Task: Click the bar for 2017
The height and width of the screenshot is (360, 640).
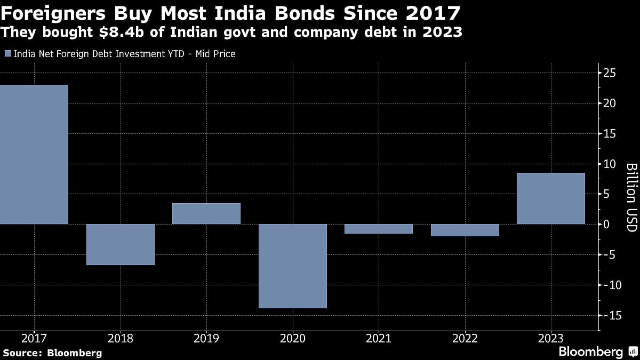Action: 34,154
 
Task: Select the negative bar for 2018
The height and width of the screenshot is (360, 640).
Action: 121,244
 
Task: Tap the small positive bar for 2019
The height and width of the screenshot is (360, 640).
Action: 206,213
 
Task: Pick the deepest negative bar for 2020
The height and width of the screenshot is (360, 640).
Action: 293,266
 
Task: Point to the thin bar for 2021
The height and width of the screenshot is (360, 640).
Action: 379,229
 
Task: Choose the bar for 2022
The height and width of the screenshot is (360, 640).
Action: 465,230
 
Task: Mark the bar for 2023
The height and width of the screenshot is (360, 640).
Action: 551,198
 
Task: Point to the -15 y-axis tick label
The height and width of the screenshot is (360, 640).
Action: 609,315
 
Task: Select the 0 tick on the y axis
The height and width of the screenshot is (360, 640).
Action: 607,224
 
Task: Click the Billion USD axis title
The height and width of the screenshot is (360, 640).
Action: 631,197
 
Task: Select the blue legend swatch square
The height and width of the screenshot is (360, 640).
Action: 7,53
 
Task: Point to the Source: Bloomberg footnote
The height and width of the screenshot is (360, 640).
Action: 52,353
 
